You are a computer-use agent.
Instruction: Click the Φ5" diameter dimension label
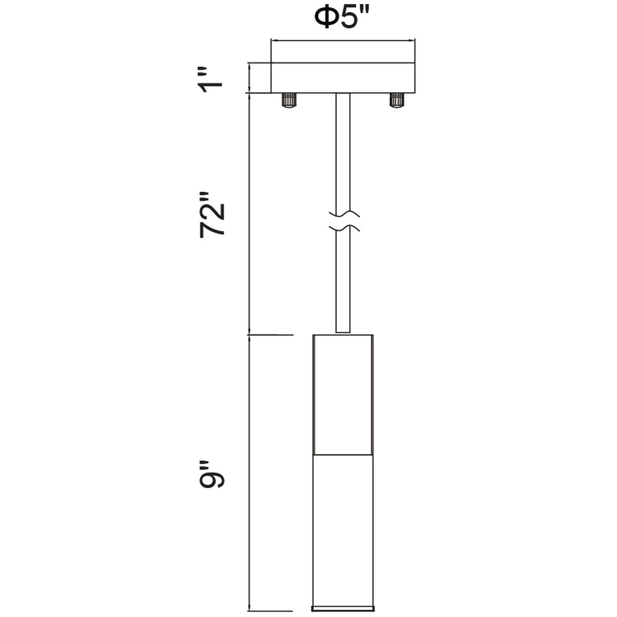click(342, 18)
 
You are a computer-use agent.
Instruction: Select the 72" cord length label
click(212, 215)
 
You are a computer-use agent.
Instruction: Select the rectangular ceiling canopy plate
click(343, 78)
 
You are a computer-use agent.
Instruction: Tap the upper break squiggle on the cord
click(344, 214)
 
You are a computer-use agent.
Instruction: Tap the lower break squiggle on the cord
click(344, 228)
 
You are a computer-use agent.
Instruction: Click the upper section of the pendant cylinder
click(343, 395)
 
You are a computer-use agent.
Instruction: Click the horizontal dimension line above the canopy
click(343, 41)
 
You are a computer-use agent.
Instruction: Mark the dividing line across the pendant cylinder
click(343, 455)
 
